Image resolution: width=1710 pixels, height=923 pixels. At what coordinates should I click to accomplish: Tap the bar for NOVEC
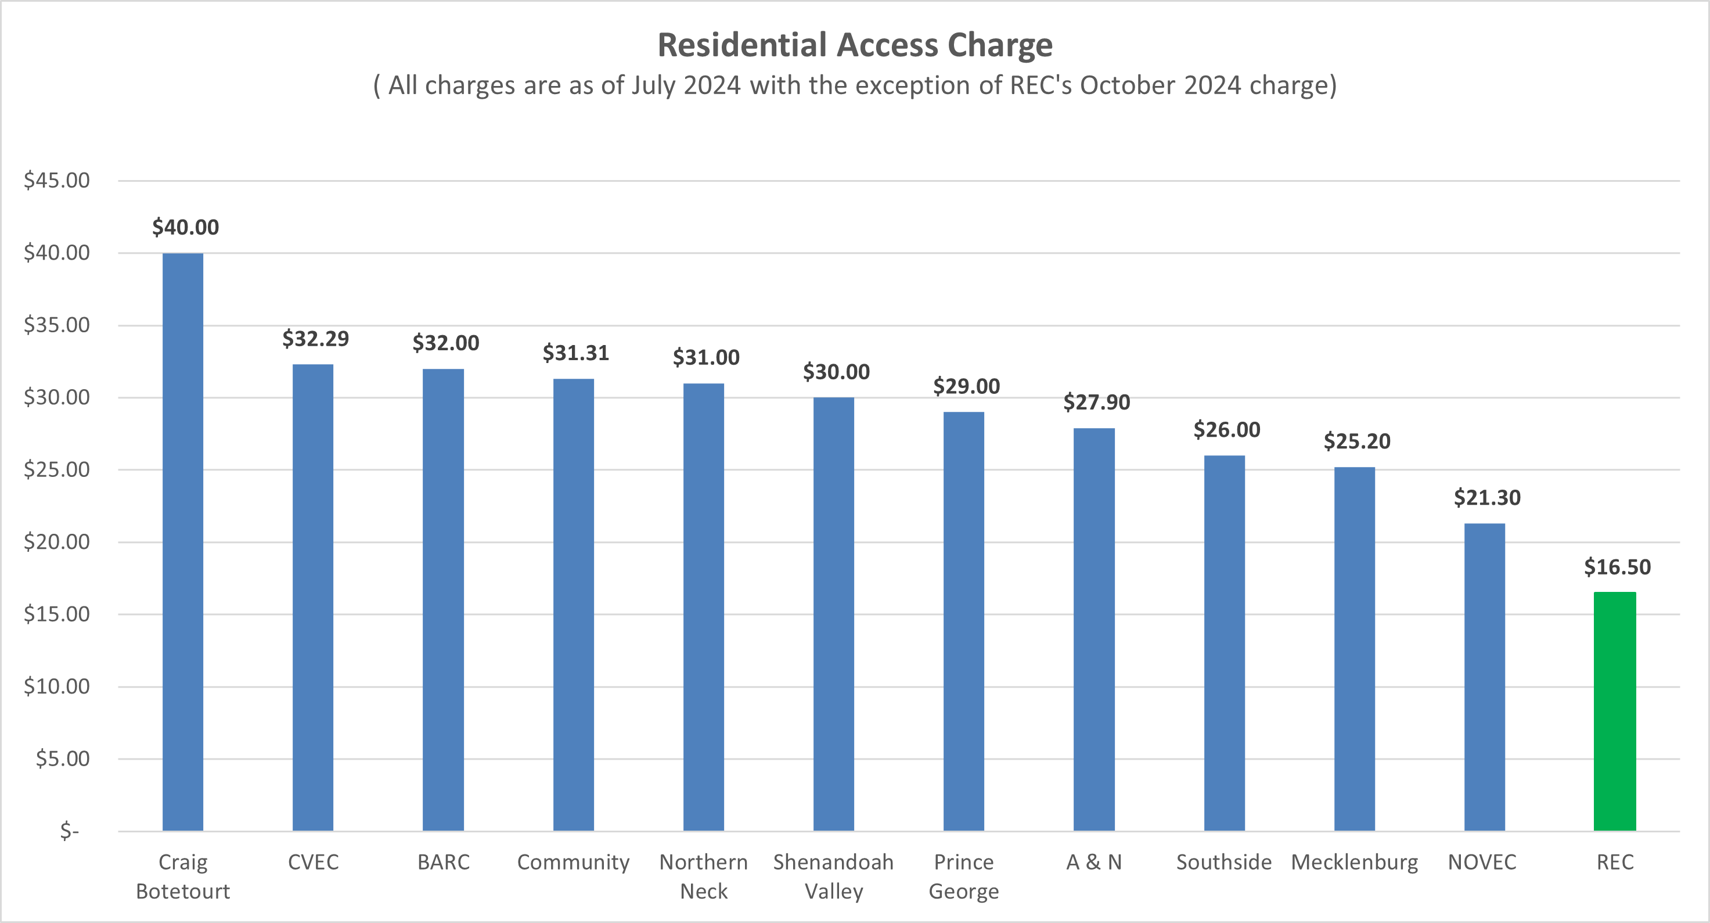[x=1484, y=677]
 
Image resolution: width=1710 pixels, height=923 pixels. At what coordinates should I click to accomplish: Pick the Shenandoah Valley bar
[x=834, y=614]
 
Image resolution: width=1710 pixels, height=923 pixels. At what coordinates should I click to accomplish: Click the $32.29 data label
[x=315, y=339]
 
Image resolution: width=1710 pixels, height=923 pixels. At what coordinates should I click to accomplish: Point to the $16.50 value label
[x=1617, y=567]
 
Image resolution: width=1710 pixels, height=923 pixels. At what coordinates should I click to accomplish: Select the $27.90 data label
[x=1097, y=403]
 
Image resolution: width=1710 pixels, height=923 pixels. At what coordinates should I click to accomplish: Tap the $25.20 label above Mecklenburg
[x=1357, y=441]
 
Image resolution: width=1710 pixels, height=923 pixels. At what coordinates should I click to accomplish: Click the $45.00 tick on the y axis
[x=56, y=181]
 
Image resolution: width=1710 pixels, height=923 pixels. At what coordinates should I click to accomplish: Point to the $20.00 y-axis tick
[x=56, y=542]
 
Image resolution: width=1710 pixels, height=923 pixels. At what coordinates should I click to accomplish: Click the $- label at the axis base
[x=69, y=831]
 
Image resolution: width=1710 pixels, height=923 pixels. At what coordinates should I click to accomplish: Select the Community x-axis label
[x=574, y=862]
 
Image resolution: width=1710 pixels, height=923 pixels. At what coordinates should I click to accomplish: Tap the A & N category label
[x=1094, y=862]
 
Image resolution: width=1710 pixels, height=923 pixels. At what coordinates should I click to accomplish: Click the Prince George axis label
[x=964, y=877]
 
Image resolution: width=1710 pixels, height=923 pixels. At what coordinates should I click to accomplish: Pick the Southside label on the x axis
[x=1224, y=862]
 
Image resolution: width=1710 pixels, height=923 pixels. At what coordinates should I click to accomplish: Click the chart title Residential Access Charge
[x=855, y=45]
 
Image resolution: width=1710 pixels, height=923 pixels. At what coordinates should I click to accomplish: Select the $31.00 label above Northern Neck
[x=705, y=358]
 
